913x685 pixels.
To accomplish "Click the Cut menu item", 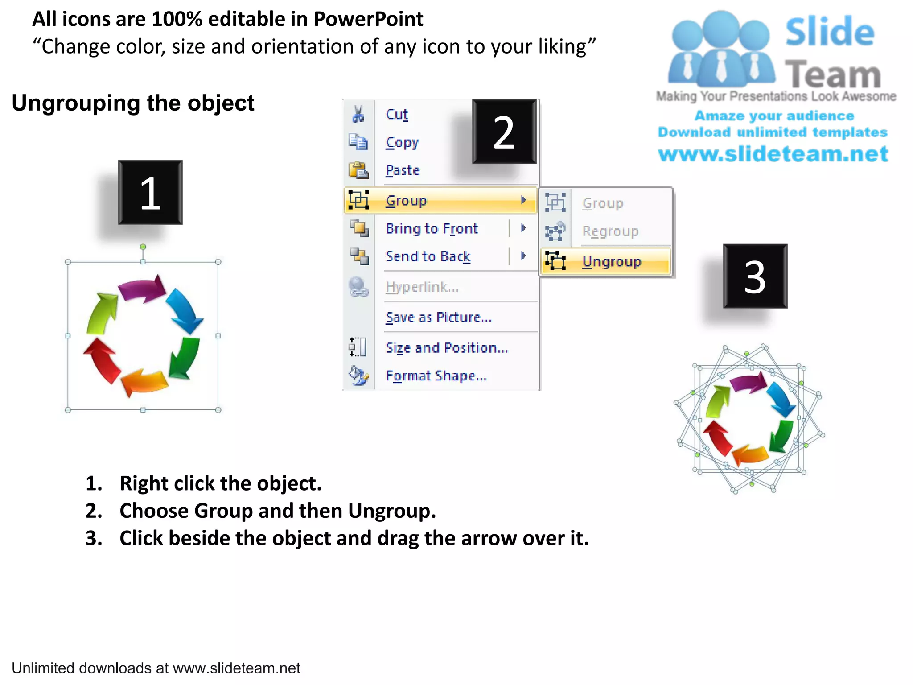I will pos(396,115).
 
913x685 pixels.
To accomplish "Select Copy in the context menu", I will pos(402,143).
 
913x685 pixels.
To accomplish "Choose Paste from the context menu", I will pos(402,170).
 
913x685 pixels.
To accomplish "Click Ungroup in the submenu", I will pos(611,261).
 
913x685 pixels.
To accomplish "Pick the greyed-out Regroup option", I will pos(610,231).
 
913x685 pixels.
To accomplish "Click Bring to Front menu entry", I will pos(431,229).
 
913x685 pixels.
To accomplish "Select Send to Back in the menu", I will pos(428,256).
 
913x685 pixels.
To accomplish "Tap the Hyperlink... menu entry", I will pos(422,287).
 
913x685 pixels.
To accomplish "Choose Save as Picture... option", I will pos(438,318).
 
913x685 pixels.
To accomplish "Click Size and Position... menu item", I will pos(446,348).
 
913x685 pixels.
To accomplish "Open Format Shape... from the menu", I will pos(436,376).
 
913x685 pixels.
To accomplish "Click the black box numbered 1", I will pos(150,193).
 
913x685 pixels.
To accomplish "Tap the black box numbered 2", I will pos(504,132).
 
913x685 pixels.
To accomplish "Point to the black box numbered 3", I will pos(755,276).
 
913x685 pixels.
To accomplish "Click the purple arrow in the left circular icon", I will pos(142,289).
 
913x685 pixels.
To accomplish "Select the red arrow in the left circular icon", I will pos(101,359).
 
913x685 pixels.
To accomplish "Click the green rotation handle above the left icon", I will pos(143,247).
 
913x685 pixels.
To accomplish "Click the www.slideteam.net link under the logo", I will pos(773,154).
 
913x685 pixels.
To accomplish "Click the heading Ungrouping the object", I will pos(133,103).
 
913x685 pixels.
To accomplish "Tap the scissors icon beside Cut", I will pos(358,114).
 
